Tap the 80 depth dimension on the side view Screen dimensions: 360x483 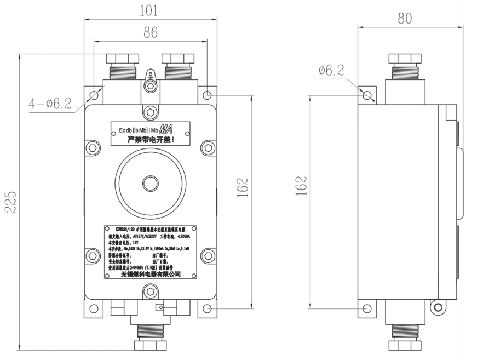pyautogui.click(x=404, y=19)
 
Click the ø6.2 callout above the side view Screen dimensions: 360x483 pyautogui.click(x=331, y=70)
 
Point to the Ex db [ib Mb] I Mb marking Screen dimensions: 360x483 pyautogui.click(x=137, y=130)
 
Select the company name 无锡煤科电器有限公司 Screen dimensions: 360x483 pyautogui.click(x=150, y=273)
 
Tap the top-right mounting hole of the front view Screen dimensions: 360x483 pyautogui.click(x=207, y=95)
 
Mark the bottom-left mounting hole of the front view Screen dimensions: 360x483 pyautogui.click(x=93, y=311)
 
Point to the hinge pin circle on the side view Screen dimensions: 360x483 pyautogui.click(x=437, y=308)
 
